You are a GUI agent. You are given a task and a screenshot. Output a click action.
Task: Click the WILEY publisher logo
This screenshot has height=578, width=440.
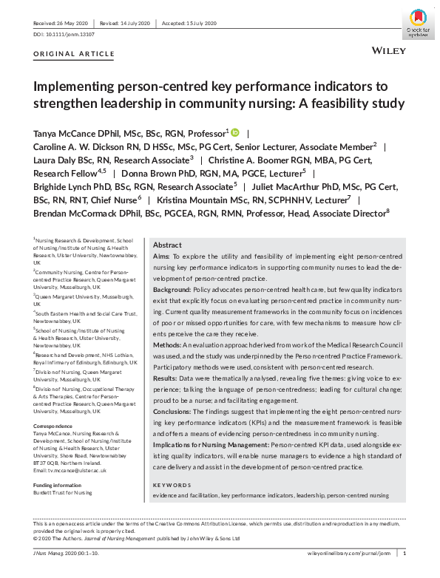pos(386,52)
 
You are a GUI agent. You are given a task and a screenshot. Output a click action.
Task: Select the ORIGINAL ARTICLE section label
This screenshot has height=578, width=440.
pos(74,54)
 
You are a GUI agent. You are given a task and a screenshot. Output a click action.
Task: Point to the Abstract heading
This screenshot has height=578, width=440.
pos(167,245)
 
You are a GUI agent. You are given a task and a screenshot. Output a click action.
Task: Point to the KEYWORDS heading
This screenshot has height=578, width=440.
pos(172,484)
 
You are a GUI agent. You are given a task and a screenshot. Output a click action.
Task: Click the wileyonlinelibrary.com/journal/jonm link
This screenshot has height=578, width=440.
pos(348,553)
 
